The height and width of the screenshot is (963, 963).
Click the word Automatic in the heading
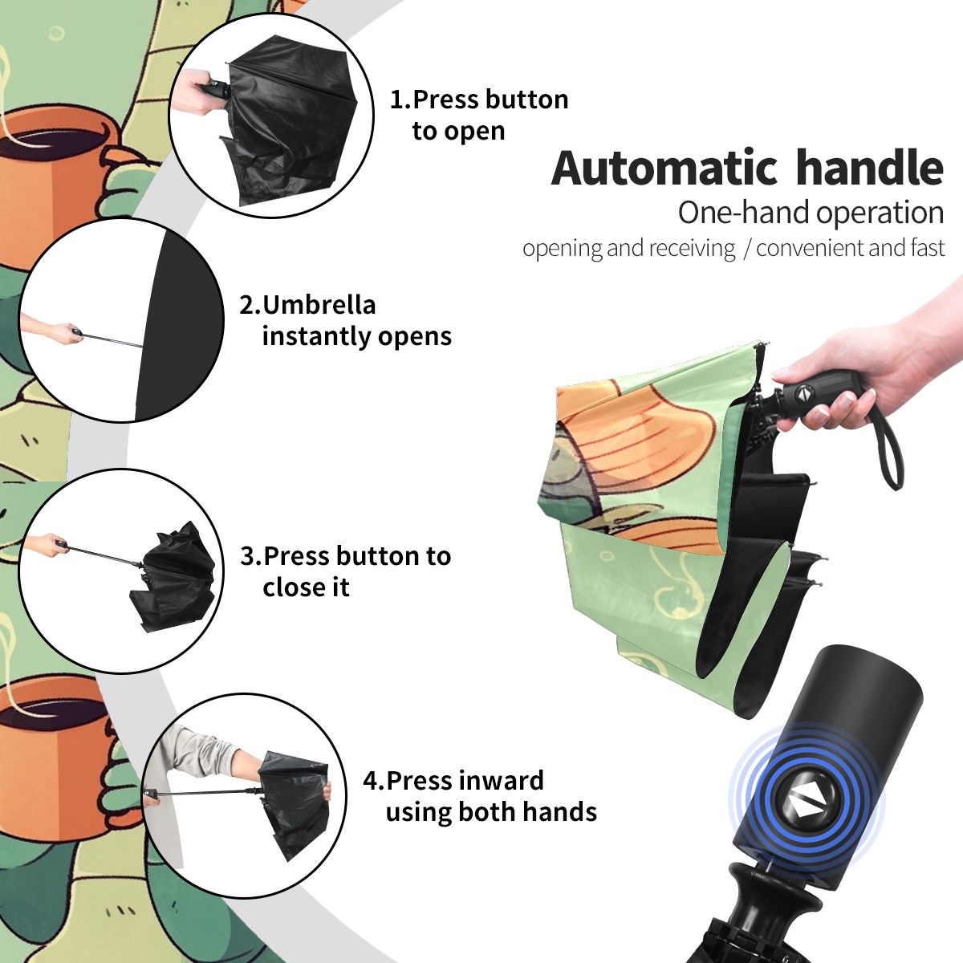click(664, 168)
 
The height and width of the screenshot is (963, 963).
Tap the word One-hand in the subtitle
click(745, 213)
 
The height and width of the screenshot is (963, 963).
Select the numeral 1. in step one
click(400, 100)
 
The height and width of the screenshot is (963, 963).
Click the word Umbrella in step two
click(319, 304)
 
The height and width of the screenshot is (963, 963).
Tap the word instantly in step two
click(317, 335)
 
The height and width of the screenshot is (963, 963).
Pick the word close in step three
click(295, 587)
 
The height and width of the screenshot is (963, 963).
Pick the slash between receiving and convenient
click(746, 248)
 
